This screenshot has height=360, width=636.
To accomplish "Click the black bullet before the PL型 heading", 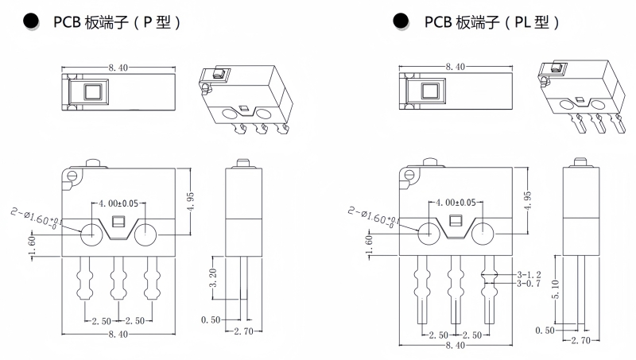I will [401, 21].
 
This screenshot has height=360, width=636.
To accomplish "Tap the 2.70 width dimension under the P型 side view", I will [243, 331].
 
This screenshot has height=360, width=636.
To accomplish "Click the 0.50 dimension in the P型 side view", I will [211, 319].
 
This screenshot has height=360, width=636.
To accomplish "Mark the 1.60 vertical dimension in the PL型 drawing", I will [369, 245].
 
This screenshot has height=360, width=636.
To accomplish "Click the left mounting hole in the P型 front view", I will [91, 234].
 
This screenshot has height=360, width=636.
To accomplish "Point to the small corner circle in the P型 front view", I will [72, 175].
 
